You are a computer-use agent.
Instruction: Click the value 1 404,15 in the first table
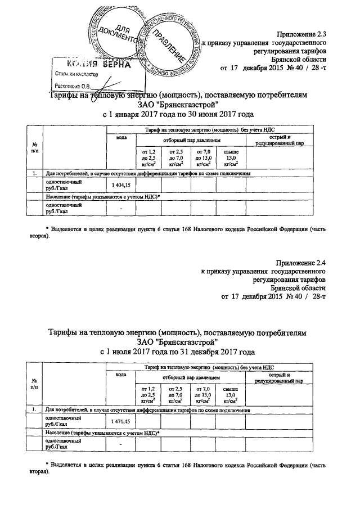(121, 185)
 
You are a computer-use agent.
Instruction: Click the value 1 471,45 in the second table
(121, 421)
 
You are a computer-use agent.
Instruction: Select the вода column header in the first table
(121, 137)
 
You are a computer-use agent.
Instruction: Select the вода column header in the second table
(121, 374)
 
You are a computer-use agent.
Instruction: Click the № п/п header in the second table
(34, 384)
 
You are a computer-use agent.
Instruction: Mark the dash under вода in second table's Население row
(121, 445)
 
